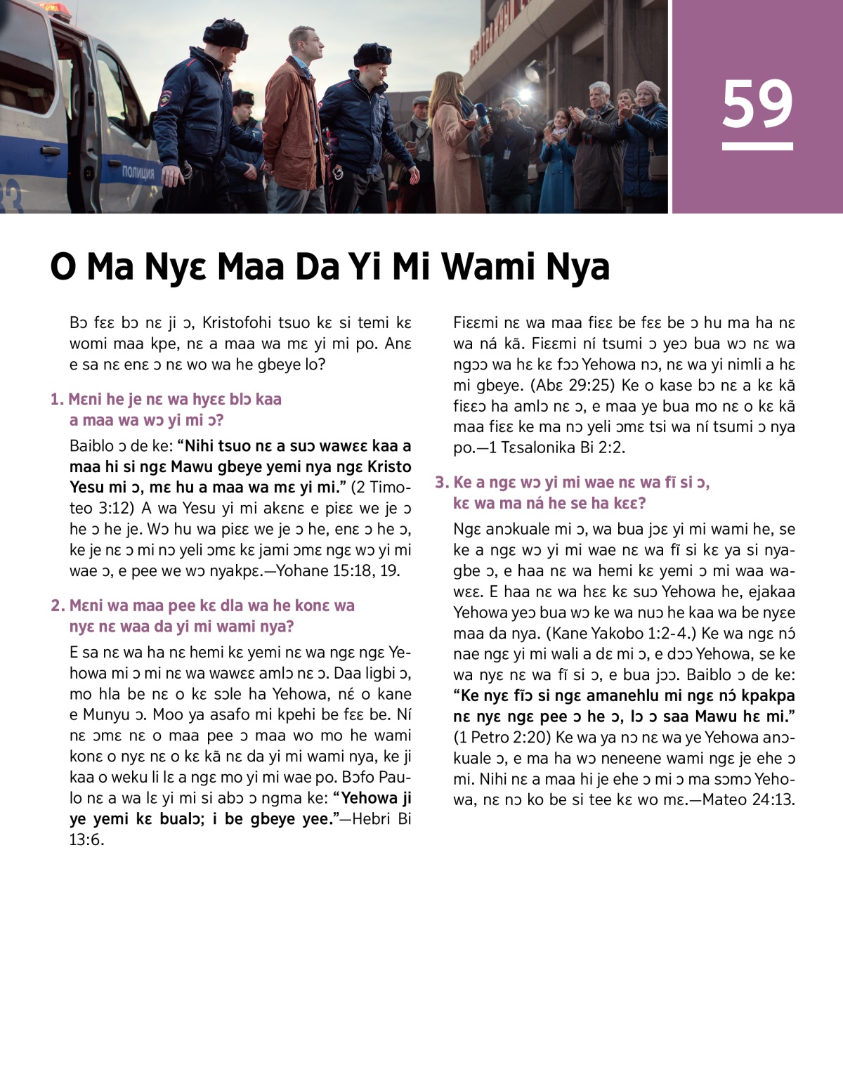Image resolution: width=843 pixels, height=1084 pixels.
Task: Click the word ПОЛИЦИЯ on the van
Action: (138, 172)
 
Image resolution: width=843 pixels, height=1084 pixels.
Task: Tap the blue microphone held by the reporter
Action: (480, 113)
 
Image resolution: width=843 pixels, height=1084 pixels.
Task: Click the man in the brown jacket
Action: (294, 119)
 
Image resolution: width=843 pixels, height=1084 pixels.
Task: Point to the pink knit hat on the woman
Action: (647, 89)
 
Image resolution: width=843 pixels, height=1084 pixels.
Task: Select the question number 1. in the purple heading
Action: (57, 399)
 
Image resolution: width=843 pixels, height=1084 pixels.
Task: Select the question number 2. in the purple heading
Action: (58, 606)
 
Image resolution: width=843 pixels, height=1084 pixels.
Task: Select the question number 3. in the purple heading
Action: (441, 482)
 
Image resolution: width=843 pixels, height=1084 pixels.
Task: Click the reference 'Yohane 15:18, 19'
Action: (338, 570)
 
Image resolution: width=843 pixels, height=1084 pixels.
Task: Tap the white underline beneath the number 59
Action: (757, 146)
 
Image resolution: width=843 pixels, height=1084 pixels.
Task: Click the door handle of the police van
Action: (51, 150)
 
